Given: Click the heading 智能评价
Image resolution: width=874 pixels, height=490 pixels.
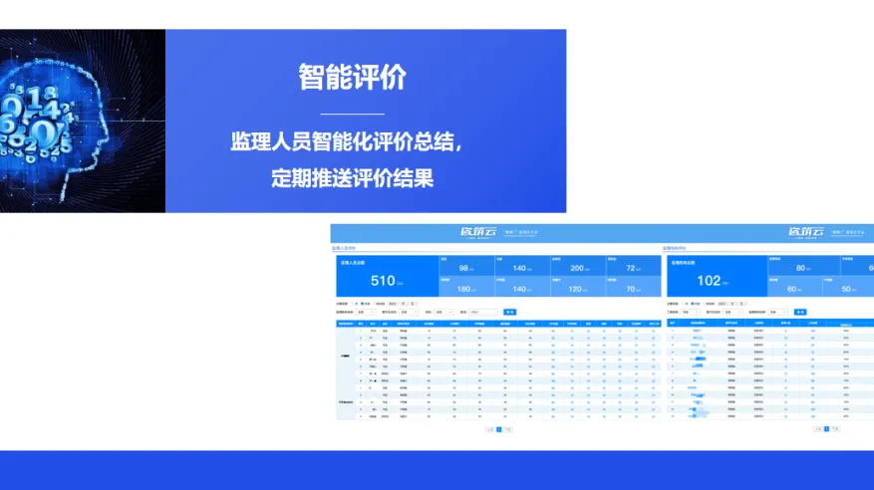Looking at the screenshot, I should click(x=352, y=78).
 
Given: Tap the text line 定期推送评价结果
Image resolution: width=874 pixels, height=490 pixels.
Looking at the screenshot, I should click(x=352, y=179).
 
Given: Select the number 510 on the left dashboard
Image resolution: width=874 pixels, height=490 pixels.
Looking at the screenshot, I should click(x=383, y=281).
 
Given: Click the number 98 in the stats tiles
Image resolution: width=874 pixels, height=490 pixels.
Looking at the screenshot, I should click(x=463, y=269).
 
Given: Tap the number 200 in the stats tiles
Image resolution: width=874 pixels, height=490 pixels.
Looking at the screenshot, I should click(x=577, y=269).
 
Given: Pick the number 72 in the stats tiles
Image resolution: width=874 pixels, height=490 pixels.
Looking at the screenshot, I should click(x=631, y=269).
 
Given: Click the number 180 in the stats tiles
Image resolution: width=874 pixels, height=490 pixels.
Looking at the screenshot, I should click(x=463, y=289).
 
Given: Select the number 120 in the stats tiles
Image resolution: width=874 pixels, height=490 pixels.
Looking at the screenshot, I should click(x=576, y=289).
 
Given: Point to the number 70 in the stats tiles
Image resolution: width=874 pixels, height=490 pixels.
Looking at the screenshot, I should click(x=631, y=289).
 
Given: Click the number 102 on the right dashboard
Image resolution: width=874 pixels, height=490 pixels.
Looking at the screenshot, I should click(x=709, y=281).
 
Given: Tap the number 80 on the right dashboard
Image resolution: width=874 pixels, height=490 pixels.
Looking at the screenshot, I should click(x=800, y=269).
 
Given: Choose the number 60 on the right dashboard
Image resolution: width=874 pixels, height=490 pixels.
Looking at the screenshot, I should click(x=793, y=289).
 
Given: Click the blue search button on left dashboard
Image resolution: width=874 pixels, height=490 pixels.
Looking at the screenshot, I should click(x=509, y=312).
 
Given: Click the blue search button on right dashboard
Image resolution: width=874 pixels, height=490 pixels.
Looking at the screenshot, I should click(x=799, y=312).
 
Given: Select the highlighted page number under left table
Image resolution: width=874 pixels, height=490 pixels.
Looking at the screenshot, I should click(x=498, y=429).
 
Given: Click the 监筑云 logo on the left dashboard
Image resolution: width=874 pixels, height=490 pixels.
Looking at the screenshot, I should click(x=475, y=232).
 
